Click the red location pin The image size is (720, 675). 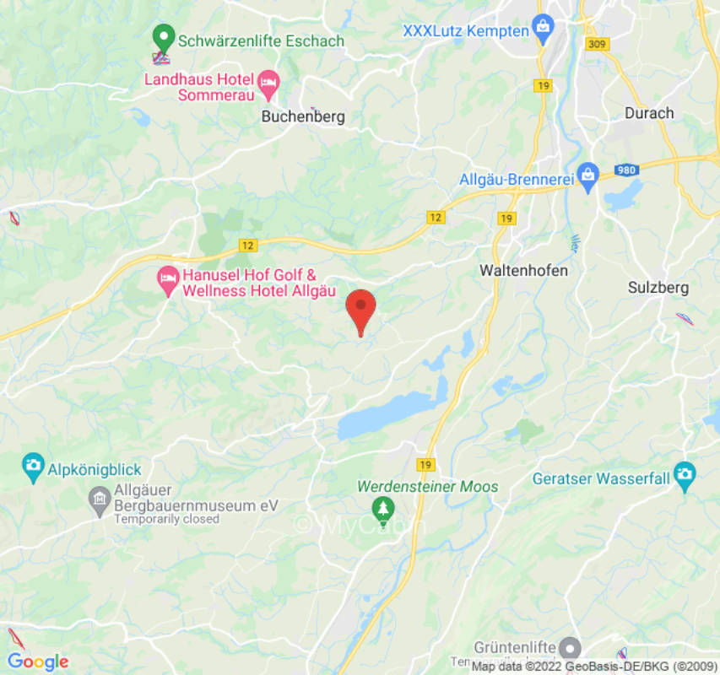361,307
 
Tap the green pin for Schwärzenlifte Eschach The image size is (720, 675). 162,38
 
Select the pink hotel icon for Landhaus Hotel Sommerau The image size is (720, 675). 268,82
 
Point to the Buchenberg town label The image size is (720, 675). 303,117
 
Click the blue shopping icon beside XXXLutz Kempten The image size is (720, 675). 543,29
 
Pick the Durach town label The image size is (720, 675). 649,113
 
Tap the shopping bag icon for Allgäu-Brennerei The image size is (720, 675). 588,176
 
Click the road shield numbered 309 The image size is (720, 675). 597,43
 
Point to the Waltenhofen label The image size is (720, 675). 523,271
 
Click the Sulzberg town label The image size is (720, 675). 658,288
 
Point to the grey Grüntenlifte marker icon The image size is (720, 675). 571,648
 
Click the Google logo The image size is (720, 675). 37,661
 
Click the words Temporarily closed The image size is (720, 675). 166,519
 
